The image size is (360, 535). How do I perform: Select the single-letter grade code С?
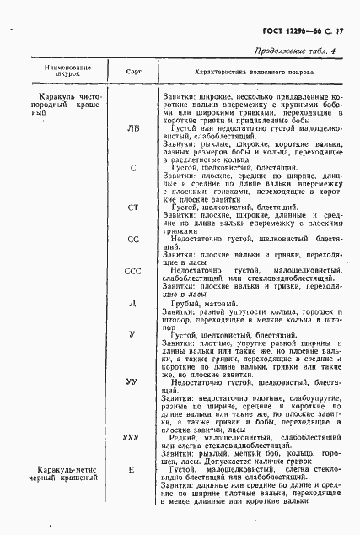[x=133, y=168]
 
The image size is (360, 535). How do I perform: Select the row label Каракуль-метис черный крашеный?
[x=54, y=473]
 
